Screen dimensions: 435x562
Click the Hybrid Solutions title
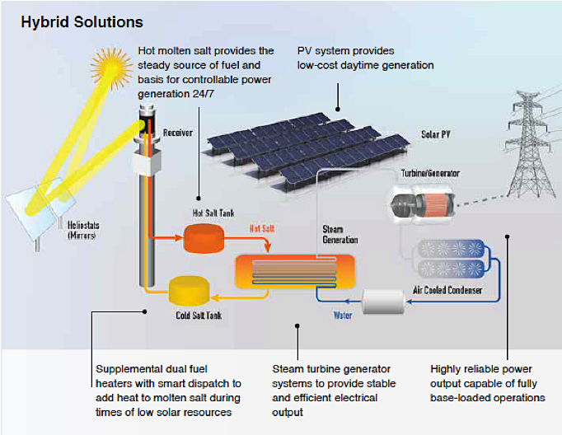(82, 21)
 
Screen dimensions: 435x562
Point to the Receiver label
(178, 132)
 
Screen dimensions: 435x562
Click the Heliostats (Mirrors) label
(81, 232)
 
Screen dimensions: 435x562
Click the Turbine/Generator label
(430, 174)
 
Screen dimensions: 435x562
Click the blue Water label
(344, 314)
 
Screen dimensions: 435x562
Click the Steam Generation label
(340, 235)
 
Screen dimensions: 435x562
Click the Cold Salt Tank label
(198, 316)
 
